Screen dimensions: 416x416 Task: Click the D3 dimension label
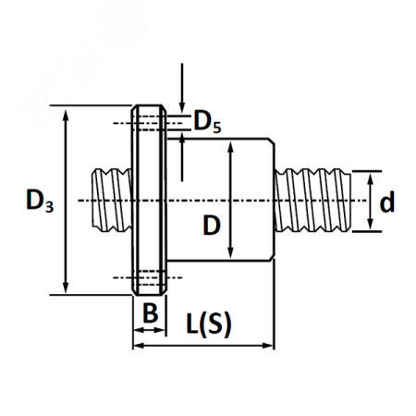point(40,201)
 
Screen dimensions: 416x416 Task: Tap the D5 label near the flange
point(207,122)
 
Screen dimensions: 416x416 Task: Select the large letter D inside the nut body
point(212,226)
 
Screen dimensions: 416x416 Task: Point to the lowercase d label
point(387,202)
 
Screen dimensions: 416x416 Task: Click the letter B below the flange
point(151,312)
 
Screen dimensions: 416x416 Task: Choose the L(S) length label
point(209,324)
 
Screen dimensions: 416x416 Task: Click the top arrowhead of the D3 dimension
point(65,115)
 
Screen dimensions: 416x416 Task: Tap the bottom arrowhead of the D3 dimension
point(65,286)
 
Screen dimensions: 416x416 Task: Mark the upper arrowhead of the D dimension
point(230,147)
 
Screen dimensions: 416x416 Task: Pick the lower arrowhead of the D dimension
point(230,252)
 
